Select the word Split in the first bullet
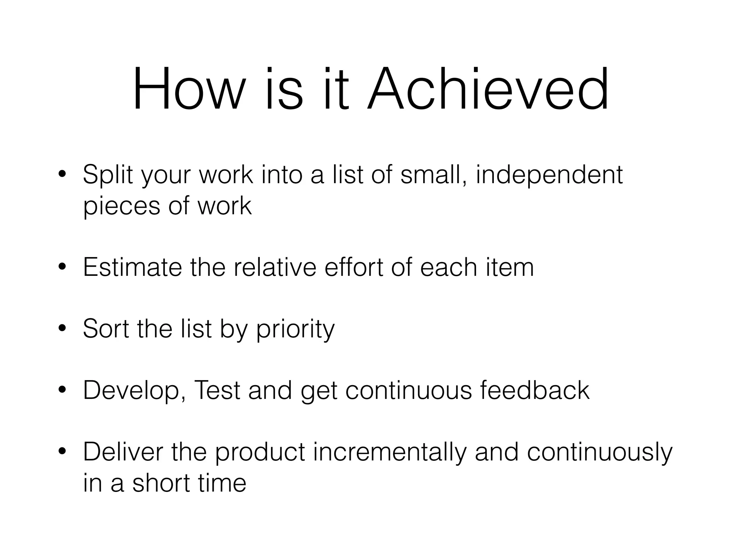tap(108, 175)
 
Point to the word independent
tap(549, 175)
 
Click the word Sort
tap(106, 329)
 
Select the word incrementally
tap(389, 452)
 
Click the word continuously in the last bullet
tap(600, 452)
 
